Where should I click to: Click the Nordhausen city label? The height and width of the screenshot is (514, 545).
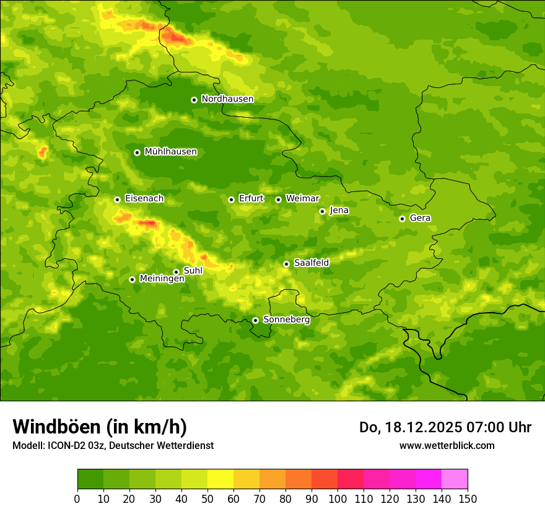227,99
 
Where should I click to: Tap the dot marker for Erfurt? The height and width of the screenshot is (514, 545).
231,199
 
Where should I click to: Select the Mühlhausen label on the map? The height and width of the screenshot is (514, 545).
170,152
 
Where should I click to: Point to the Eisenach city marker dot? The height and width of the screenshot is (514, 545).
117,199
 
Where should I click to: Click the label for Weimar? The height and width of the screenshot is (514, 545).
302,199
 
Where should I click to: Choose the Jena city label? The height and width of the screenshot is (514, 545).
339,211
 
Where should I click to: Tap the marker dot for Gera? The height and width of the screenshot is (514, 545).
402,219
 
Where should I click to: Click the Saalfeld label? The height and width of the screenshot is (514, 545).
311,263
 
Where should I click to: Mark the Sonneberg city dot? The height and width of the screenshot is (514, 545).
255,320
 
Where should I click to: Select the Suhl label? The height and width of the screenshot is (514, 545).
193,271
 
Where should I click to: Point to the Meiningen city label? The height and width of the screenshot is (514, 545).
162,279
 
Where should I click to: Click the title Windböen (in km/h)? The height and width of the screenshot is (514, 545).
100,427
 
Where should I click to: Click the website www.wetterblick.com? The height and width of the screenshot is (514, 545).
447,445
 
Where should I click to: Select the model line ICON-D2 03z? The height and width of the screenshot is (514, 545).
113,445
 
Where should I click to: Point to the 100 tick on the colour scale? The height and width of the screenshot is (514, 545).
338,499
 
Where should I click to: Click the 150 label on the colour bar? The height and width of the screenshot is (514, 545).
468,499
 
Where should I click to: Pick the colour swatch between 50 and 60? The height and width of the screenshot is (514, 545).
220,479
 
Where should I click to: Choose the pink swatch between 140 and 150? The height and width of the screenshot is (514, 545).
455,479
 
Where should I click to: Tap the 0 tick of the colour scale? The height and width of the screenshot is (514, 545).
77,499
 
